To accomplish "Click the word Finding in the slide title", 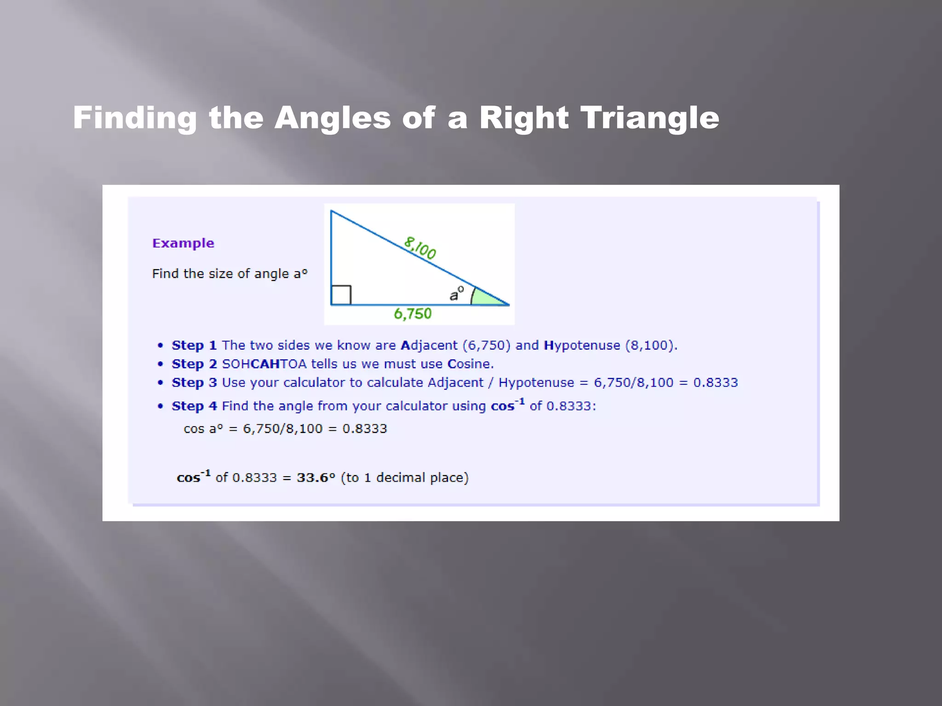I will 135,119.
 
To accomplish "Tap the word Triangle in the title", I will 649,119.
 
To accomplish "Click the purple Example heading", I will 183,243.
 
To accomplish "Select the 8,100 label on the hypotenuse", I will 420,248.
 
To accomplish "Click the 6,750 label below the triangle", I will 413,314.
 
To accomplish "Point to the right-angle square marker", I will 341,295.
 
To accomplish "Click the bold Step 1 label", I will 194,345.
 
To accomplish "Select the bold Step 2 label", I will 194,364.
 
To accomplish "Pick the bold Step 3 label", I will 194,383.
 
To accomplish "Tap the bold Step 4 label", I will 194,406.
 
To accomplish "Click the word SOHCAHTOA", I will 264,364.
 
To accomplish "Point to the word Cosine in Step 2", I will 470,364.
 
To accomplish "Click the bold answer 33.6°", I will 316,478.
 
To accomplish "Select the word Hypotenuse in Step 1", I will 582,346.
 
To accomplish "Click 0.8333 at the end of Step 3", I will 715,383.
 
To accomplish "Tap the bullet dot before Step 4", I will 160,406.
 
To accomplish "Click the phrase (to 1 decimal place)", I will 404,478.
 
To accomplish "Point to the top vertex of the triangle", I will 331,211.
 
